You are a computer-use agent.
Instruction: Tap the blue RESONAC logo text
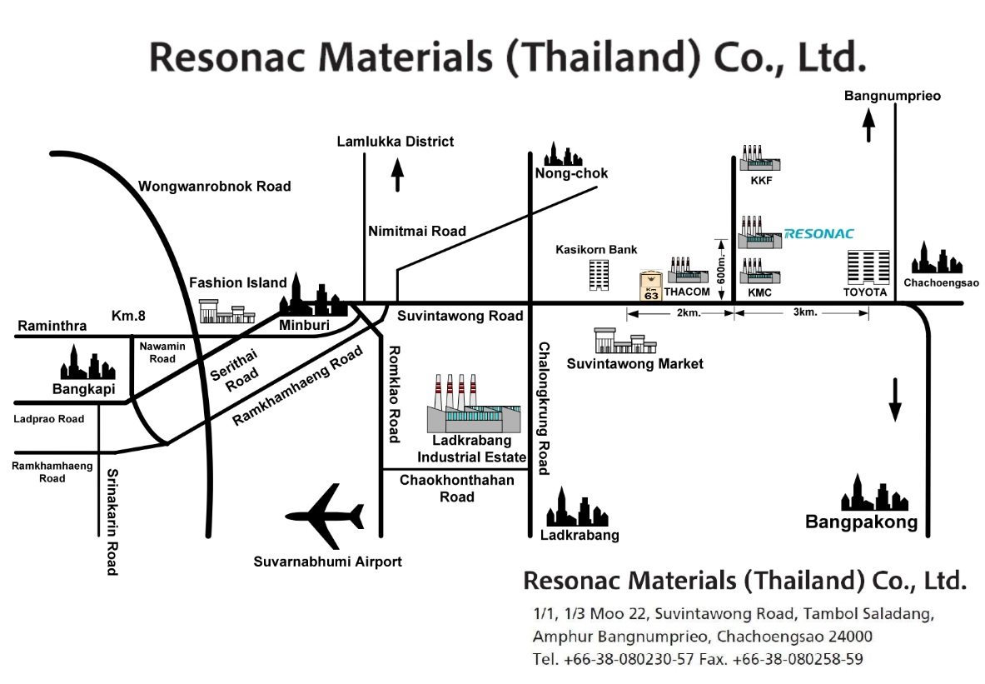click(x=819, y=234)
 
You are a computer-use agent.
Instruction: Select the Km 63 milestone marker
click(x=651, y=287)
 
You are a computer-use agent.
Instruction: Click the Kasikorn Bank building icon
click(x=599, y=275)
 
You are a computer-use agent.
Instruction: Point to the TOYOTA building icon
click(x=868, y=267)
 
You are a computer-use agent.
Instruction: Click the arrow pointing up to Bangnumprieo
click(x=868, y=125)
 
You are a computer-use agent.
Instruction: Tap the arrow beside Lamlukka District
click(x=397, y=175)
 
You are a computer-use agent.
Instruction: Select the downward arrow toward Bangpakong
click(x=895, y=400)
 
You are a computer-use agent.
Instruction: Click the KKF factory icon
click(x=759, y=158)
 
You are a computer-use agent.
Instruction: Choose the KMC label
click(x=759, y=292)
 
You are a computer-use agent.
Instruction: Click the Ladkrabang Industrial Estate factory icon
click(x=474, y=403)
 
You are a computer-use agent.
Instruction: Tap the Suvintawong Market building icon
click(x=625, y=340)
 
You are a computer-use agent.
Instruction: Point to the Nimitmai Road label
click(x=417, y=232)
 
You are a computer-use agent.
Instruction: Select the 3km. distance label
click(x=804, y=312)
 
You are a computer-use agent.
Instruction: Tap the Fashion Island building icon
click(x=226, y=312)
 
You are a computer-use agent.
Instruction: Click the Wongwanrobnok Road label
click(x=214, y=186)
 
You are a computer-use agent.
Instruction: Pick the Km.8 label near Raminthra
click(x=128, y=316)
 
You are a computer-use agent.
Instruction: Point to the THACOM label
click(x=687, y=292)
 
